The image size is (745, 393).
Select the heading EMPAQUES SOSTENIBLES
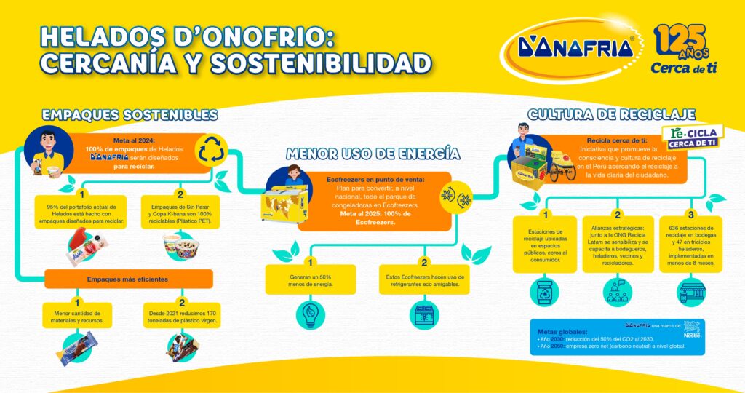(130, 115)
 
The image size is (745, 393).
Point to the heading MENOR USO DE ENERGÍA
(372, 154)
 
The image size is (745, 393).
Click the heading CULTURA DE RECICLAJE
(610, 114)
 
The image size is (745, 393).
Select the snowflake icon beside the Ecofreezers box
(455, 196)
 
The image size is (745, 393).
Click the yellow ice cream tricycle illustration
(559, 167)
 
